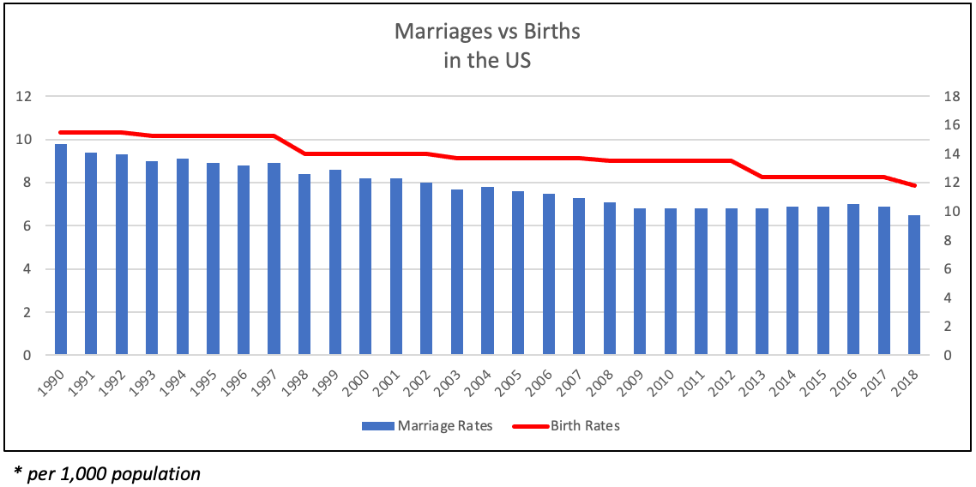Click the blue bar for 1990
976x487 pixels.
[61, 250]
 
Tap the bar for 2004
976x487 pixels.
[487, 271]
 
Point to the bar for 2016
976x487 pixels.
[853, 280]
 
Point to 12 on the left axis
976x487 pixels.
[24, 96]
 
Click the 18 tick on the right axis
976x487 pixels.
[951, 96]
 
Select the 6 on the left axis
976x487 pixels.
[27, 225]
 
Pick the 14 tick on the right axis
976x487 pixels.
[951, 154]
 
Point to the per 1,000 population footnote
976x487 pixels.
[107, 473]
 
